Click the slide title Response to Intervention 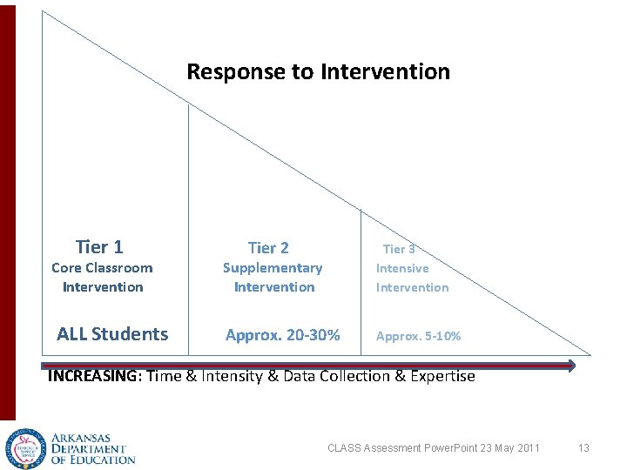coord(319,71)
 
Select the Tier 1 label coord(99,247)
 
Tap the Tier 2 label coord(268,249)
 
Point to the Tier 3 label coord(398,249)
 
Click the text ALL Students coord(112,334)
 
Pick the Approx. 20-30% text coord(283,335)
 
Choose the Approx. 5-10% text coord(419,336)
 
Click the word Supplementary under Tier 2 coord(273,268)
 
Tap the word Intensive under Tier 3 coord(402,269)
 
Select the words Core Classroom coord(102,268)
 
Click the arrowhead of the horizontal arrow coord(570,366)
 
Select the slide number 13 coord(583,448)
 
